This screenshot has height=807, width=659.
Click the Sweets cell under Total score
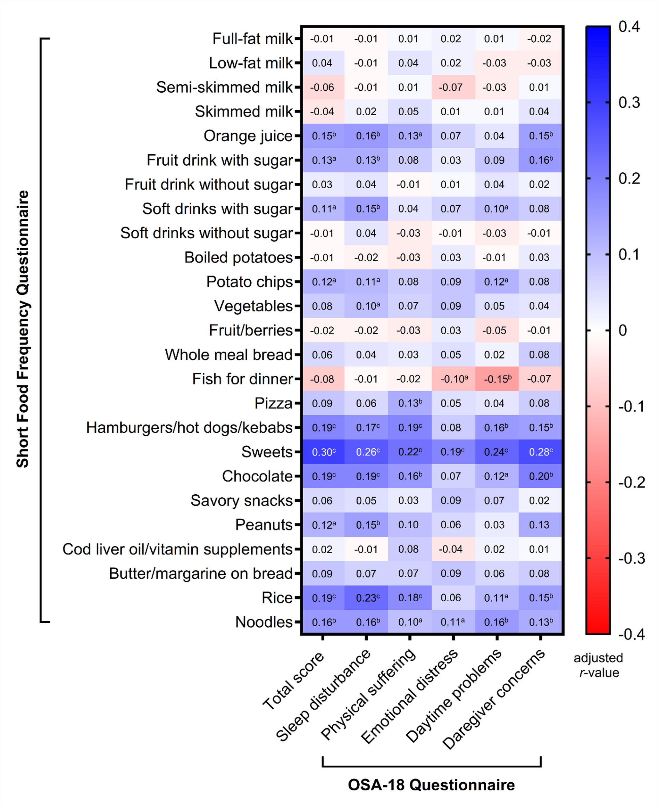tap(323, 452)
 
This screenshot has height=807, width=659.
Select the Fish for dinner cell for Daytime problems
tap(496, 379)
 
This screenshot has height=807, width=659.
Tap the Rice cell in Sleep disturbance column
tap(366, 597)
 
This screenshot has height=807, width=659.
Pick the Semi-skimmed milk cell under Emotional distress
tap(453, 87)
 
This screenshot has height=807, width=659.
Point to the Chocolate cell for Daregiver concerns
tap(540, 476)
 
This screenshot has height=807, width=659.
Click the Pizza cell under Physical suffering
tap(410, 403)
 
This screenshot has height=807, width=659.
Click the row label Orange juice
tap(248, 136)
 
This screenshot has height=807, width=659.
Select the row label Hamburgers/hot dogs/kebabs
tap(189, 428)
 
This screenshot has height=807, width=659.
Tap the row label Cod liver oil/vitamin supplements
tap(177, 549)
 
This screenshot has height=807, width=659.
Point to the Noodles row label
tap(264, 622)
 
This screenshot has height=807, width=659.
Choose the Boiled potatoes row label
tap(238, 258)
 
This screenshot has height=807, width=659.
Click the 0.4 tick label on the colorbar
tap(629, 27)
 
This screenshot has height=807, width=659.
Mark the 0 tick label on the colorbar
tap(622, 331)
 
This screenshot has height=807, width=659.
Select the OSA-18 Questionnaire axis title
tap(431, 785)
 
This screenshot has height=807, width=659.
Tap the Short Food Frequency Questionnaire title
tap(23, 329)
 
